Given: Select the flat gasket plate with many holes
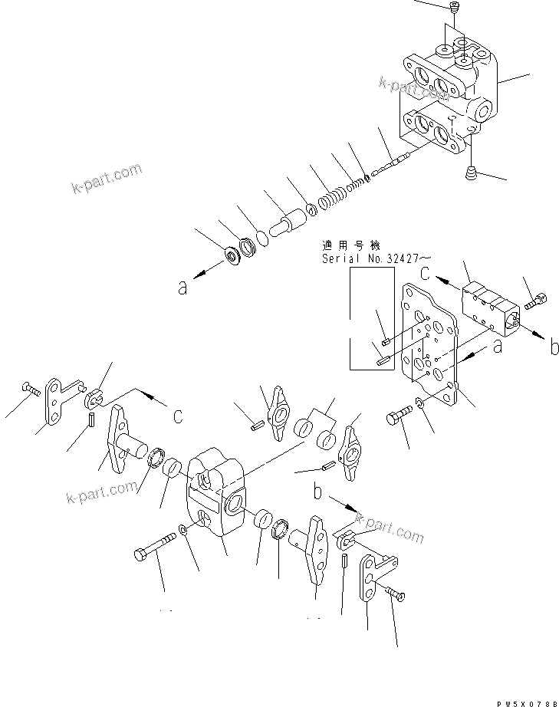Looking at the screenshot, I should pyautogui.click(x=429, y=341).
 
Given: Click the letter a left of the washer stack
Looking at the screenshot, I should pyautogui.click(x=182, y=288).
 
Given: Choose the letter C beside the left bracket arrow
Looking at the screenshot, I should pyautogui.click(x=177, y=416).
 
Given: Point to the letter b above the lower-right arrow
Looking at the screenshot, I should pyautogui.click(x=317, y=488).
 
